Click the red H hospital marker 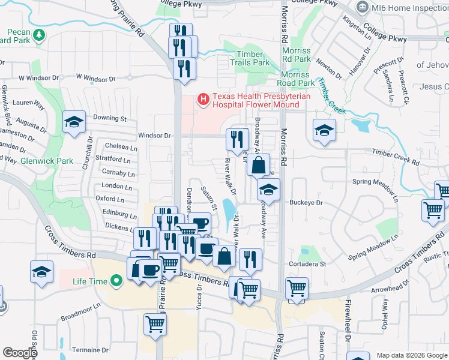tap(203, 98)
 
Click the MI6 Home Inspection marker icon tap(363, 7)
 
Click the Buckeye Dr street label tap(307, 203)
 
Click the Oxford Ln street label tap(109, 199)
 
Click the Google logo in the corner tap(19, 353)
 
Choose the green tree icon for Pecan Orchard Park tap(39, 35)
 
